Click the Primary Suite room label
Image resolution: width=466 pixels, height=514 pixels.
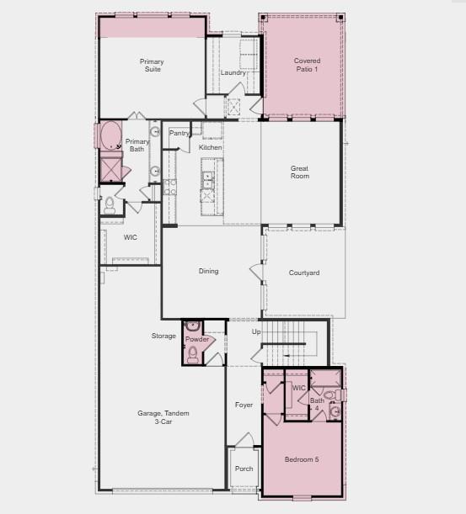(152, 66)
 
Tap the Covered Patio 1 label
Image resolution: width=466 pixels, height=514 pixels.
(307, 65)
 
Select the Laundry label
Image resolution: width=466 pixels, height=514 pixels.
(233, 72)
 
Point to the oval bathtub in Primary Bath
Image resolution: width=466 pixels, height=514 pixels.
(110, 136)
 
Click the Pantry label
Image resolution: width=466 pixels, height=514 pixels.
(179, 133)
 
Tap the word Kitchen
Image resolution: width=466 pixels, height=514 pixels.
(211, 147)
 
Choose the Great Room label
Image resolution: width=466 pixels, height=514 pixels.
(300, 172)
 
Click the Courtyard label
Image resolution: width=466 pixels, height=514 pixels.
(303, 273)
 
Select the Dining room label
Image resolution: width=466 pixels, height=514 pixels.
(208, 271)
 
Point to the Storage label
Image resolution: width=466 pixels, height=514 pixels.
(163, 336)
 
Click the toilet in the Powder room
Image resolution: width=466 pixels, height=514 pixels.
(192, 354)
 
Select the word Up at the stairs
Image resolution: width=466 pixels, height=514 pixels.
(256, 332)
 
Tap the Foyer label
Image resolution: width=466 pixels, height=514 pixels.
(244, 405)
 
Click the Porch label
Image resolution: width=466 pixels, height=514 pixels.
(244, 469)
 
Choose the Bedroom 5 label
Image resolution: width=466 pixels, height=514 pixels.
(302, 459)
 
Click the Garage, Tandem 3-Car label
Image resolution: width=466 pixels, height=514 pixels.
(163, 417)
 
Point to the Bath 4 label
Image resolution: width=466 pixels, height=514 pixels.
(317, 405)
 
